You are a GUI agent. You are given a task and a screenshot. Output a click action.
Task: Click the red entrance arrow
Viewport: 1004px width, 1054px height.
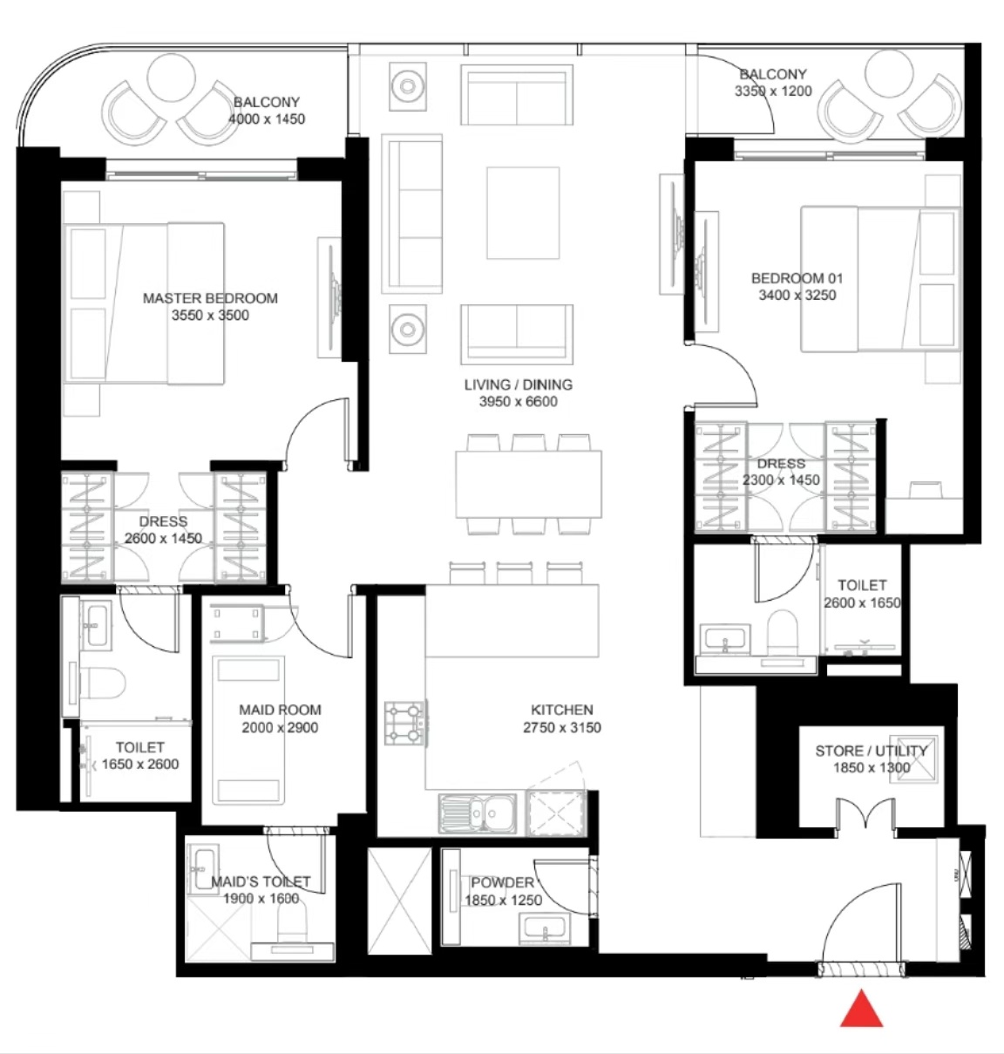[861, 1010]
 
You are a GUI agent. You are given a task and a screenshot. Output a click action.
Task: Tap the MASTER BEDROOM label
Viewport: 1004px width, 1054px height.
[210, 298]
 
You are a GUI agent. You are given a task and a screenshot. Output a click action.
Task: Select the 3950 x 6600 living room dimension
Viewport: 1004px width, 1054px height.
[518, 402]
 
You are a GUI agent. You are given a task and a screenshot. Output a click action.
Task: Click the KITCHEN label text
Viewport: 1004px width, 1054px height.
[562, 710]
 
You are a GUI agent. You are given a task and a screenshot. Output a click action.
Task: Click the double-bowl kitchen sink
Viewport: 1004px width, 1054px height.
[478, 813]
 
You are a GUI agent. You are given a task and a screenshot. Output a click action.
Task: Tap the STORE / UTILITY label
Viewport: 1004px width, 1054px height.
[871, 751]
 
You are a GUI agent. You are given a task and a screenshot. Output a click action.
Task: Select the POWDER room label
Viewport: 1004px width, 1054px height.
[502, 882]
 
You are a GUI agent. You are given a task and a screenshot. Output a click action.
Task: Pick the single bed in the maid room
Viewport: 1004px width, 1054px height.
[248, 731]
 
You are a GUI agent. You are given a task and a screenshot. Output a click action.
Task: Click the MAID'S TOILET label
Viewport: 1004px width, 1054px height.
[261, 881]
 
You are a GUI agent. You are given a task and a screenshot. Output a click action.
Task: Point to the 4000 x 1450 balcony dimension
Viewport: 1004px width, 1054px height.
[267, 119]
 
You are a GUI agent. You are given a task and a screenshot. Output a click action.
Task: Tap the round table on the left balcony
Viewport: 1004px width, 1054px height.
[171, 78]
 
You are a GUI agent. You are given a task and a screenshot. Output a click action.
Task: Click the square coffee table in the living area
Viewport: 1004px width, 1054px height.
[523, 213]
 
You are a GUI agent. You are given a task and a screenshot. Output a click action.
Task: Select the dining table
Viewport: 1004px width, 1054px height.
[528, 484]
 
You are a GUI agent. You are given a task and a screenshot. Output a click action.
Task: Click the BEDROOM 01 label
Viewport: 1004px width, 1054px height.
[797, 278]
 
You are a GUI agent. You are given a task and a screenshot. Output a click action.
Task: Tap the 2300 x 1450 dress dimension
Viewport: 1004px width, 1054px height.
[781, 479]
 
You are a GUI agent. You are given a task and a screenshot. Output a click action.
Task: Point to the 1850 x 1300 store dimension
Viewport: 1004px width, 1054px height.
[872, 768]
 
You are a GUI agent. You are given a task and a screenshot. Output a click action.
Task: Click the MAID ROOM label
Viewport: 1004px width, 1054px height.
[280, 710]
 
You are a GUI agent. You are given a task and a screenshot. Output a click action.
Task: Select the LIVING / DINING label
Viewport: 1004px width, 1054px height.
[518, 384]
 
